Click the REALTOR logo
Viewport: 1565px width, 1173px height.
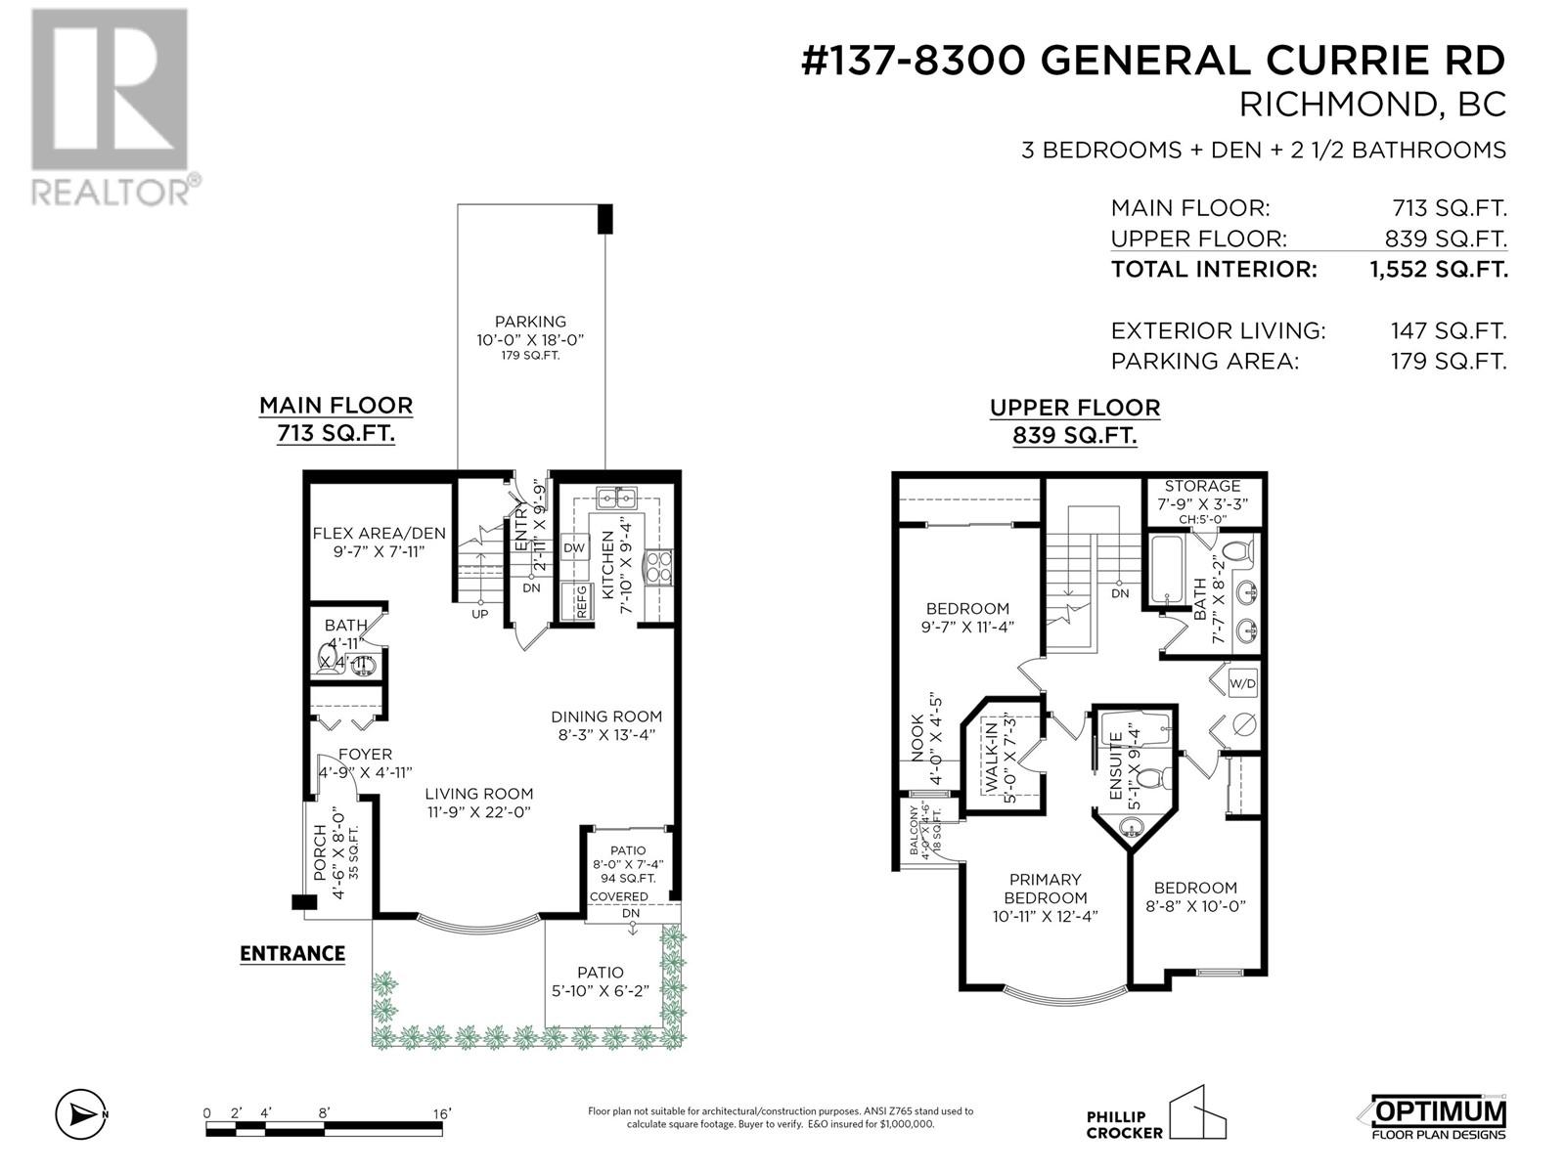109,107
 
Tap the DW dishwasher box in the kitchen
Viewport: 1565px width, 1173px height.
574,547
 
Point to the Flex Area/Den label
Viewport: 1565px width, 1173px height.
379,533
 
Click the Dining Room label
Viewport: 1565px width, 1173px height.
605,717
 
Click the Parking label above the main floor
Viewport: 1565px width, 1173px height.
530,321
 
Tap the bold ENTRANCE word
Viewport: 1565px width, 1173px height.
292,953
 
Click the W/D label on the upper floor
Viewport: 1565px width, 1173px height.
1242,682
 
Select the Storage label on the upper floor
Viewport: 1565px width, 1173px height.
1202,486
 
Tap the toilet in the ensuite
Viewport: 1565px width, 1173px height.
1155,779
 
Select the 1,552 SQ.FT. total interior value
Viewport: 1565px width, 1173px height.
1439,269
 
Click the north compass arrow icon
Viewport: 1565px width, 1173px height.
79,1113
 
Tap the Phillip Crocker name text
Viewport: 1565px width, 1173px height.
1124,1125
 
